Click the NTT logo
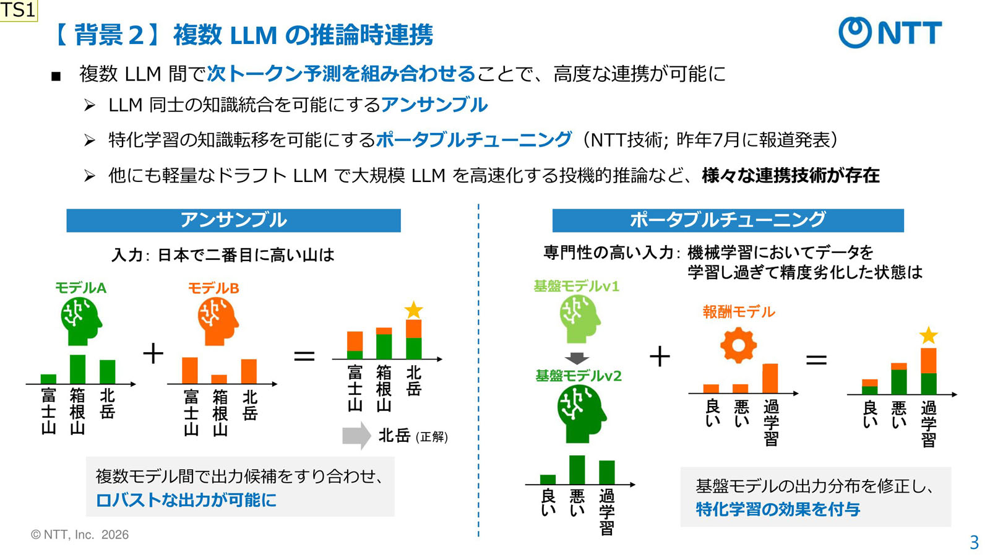point(890,32)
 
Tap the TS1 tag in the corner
point(18,10)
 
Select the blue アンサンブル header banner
point(233,220)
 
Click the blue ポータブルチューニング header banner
point(728,220)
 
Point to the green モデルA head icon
point(80,320)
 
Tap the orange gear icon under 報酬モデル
point(738,345)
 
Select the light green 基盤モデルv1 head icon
point(579,318)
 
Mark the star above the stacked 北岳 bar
point(413,309)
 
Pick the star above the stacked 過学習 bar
point(928,335)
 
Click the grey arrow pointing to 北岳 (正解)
point(356,436)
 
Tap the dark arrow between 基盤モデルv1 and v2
point(577,358)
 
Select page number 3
point(974,543)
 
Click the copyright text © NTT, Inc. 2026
point(80,535)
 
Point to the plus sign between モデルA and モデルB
point(153,353)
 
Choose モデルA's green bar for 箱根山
point(77,369)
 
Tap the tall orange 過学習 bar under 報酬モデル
point(770,378)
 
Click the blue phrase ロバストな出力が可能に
point(186,500)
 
